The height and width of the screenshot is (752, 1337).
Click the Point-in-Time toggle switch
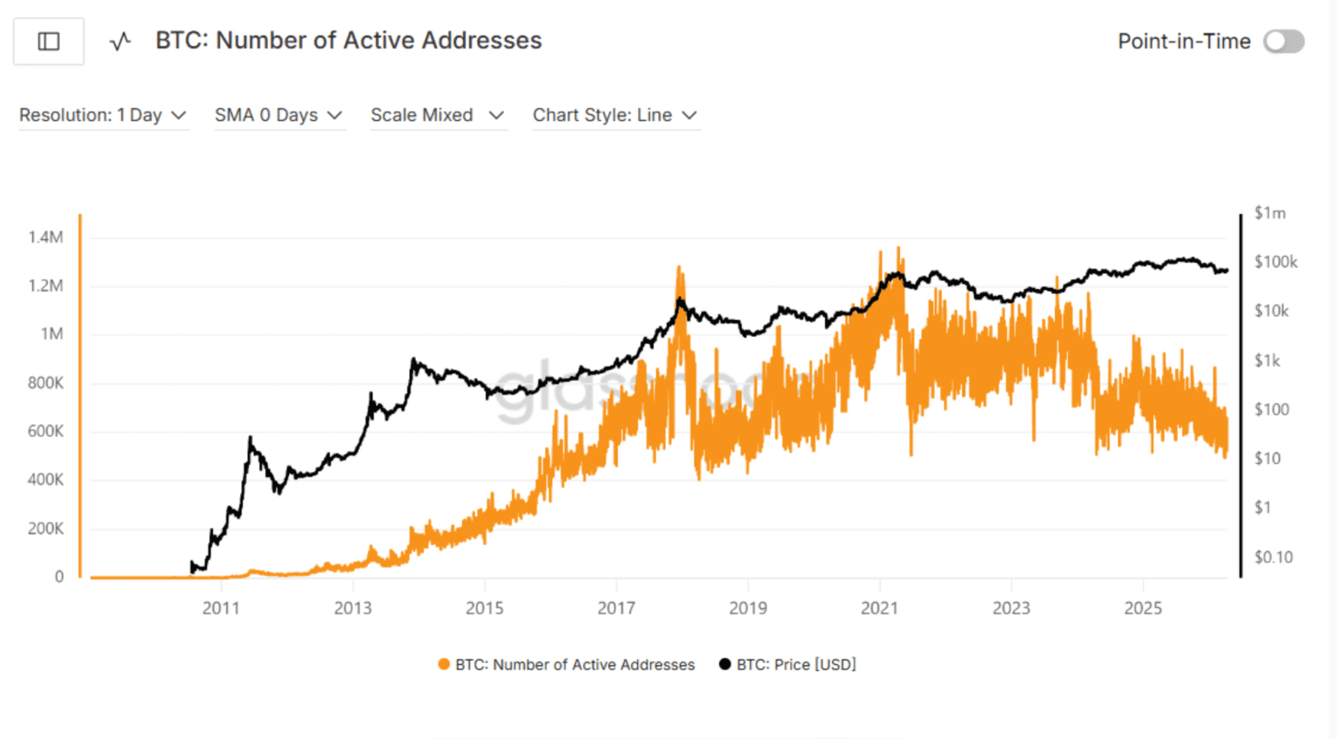1284,41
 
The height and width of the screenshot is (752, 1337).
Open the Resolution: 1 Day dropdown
103,115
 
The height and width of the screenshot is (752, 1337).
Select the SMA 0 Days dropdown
279,115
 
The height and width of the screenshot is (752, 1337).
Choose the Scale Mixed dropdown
437,115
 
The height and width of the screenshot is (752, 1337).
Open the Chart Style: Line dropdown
615,115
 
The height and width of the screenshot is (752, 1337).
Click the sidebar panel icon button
49,41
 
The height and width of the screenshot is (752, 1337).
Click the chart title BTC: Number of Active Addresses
348,40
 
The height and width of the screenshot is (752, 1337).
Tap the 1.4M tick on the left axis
45,237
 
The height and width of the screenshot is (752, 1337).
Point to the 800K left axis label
45,383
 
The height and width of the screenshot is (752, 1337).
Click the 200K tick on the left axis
45,528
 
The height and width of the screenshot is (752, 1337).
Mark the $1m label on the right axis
1269,213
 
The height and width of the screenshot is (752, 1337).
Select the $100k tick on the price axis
1275,262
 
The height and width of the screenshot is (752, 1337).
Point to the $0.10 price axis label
1273,557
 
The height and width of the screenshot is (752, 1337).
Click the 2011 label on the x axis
221,608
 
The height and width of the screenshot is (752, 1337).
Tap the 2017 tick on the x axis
616,608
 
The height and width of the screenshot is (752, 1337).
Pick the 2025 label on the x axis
1143,608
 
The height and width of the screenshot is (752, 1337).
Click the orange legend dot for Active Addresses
444,664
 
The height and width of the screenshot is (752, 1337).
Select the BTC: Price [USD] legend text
796,664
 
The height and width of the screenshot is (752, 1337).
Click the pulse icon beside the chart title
120,41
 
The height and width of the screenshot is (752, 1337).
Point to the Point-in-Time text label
1184,41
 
